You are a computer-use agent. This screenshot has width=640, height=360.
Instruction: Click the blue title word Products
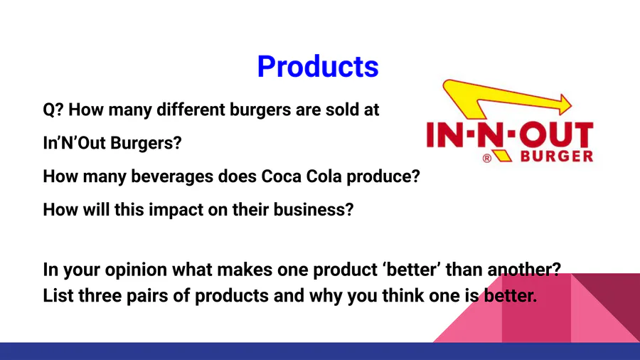(318, 66)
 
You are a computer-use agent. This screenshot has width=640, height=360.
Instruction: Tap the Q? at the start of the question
(53, 110)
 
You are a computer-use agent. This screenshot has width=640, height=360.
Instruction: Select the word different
(191, 110)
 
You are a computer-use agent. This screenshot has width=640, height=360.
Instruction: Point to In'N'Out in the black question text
(74, 143)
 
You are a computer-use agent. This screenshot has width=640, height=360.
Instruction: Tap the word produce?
(383, 177)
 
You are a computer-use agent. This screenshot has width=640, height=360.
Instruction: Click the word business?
(313, 210)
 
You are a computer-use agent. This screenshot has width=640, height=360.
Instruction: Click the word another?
(524, 270)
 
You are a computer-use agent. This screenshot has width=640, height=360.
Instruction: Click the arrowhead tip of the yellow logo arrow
(572, 105)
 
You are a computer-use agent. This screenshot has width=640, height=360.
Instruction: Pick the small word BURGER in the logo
(557, 157)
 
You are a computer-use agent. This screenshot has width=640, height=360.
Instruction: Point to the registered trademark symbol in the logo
(487, 159)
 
